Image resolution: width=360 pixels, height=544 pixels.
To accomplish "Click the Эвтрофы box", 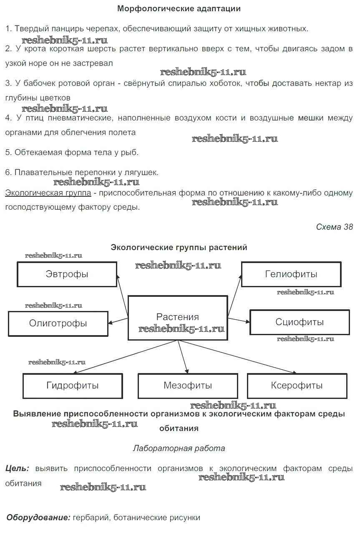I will [67, 274].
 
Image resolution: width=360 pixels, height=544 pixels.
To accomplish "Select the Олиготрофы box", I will [58, 323].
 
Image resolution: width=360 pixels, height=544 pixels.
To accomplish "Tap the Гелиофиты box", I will [291, 274].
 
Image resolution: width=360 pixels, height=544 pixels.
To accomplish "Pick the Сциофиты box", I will [300, 322].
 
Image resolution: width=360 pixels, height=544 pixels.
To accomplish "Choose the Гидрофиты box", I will [73, 386].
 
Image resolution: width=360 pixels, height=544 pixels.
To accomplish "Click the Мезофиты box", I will [188, 386].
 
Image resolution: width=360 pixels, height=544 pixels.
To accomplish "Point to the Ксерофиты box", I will [297, 386].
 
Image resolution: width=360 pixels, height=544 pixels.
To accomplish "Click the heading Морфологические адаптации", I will [179, 8].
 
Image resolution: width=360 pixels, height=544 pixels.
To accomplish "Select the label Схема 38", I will [334, 227].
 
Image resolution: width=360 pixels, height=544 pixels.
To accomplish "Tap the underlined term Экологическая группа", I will [48, 193].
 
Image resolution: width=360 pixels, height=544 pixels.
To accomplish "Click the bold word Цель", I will [17, 468].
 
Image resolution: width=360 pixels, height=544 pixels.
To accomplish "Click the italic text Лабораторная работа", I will [179, 448].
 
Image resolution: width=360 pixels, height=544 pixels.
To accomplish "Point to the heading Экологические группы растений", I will [179, 247].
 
